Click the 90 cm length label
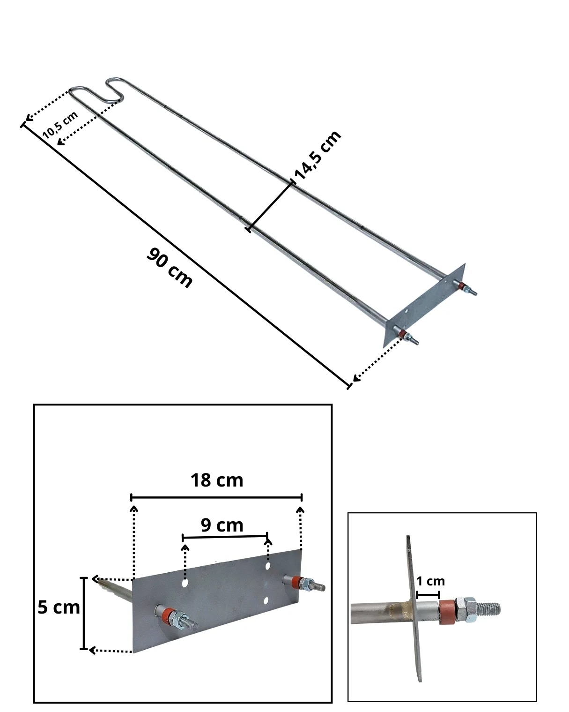pos(169,268)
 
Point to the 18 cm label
pos(217,480)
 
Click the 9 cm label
pos(222,525)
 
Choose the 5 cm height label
pos(59,607)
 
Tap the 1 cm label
pos(430,581)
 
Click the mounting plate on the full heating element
pos(424,305)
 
